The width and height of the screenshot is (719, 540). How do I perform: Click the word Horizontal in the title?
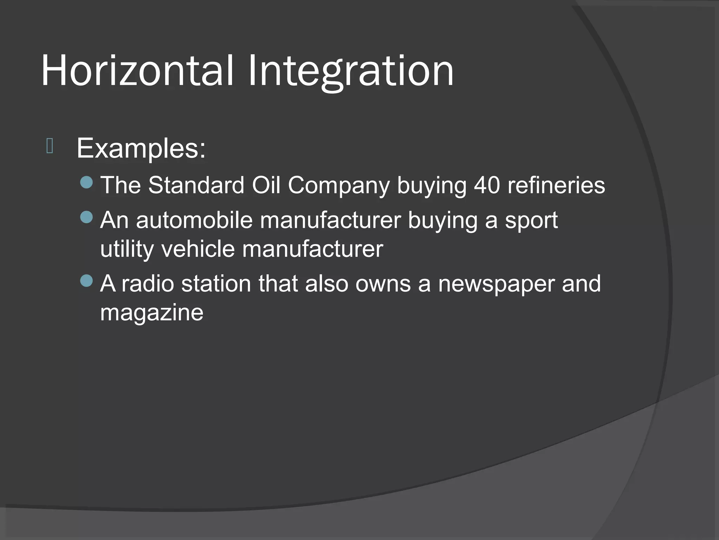[137, 71]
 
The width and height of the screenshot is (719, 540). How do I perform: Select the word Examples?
[141, 149]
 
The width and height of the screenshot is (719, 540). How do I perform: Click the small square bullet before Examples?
[50, 146]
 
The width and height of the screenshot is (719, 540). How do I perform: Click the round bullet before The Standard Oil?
[86, 182]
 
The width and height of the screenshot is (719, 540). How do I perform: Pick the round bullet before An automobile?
[86, 217]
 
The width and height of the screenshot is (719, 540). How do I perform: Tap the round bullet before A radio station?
[86, 281]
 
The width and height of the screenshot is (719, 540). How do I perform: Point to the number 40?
[487, 185]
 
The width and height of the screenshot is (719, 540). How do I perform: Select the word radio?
[147, 284]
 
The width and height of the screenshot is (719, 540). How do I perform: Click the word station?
[216, 284]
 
